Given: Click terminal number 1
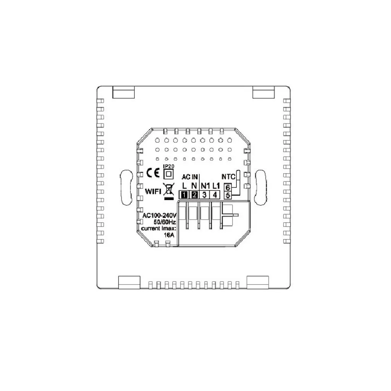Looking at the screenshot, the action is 184,195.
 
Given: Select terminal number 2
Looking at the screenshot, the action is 194,195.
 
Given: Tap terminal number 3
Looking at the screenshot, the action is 205,195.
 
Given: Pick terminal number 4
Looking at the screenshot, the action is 215,195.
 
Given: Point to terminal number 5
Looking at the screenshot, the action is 228,195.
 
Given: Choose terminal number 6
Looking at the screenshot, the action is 228,187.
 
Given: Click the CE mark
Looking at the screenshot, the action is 153,173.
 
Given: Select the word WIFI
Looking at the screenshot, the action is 153,191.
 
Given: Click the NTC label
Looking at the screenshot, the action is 228,177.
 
